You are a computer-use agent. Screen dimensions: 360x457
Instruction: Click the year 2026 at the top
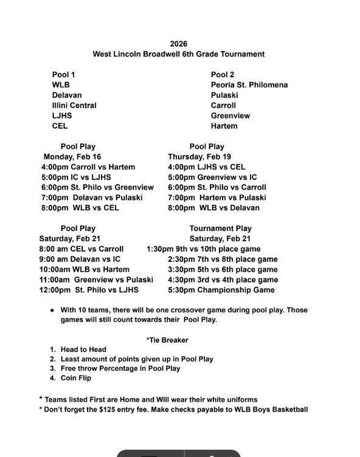coord(178,44)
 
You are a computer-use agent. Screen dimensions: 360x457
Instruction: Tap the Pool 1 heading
coord(63,75)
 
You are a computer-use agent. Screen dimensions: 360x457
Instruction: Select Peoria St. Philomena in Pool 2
coord(249,85)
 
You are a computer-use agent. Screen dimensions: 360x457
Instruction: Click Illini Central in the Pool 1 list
coord(74,106)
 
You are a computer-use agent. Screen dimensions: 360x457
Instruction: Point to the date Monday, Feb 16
coord(72,157)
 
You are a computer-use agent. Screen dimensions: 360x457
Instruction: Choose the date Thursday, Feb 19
coord(199,157)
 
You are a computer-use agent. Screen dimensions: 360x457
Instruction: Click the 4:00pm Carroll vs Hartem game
coord(88,167)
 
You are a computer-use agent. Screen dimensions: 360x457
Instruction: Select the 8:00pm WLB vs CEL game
coord(80,208)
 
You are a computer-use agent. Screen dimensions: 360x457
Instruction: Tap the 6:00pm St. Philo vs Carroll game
coord(216,187)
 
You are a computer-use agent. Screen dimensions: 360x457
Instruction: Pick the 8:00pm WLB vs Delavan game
coord(213,208)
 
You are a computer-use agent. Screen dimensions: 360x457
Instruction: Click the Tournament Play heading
coord(220,228)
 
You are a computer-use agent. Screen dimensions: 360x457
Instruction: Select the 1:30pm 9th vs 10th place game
coord(203,249)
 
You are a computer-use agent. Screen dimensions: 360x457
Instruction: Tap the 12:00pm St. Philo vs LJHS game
coord(89,290)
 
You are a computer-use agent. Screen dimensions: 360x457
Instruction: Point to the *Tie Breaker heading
coord(167,340)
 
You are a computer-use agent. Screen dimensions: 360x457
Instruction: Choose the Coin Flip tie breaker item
coord(75,378)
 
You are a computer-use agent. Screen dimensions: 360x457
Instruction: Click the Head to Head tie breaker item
coord(83,349)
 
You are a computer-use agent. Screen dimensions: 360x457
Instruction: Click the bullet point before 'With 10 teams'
coord(52,311)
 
